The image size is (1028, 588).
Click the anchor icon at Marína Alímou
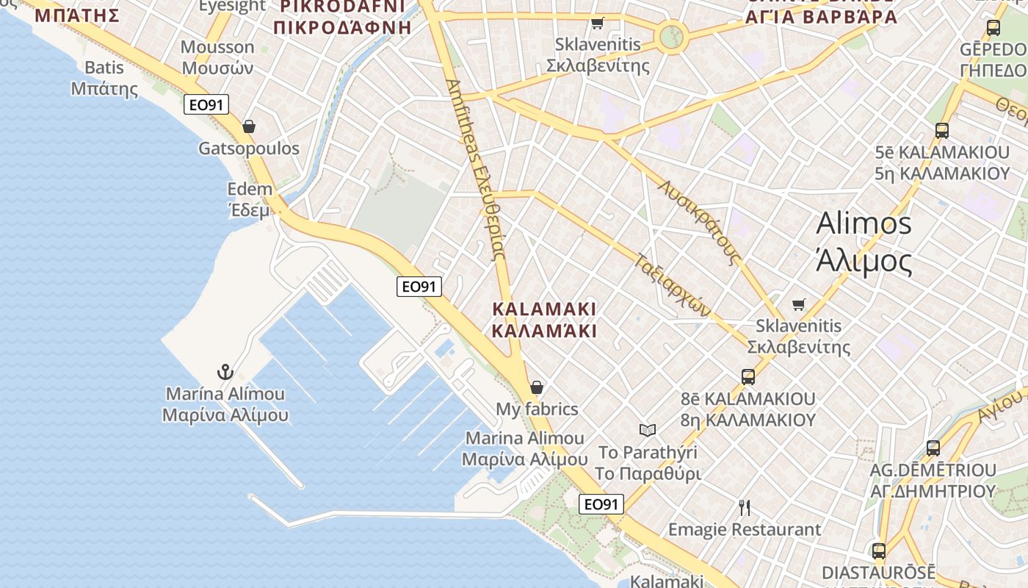click(x=225, y=372)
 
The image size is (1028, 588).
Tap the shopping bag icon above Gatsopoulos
click(x=249, y=126)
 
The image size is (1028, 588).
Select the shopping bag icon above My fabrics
click(x=537, y=387)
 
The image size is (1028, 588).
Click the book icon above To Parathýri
click(x=647, y=430)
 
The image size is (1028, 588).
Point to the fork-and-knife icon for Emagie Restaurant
click(x=745, y=507)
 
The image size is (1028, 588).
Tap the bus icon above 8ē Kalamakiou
click(x=748, y=377)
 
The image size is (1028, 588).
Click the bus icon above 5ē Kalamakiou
click(x=942, y=131)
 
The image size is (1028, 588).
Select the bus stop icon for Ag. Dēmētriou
click(x=933, y=448)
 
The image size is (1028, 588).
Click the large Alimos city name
click(x=864, y=241)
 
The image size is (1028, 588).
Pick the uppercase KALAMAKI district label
click(x=544, y=319)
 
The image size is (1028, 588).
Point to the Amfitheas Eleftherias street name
click(x=475, y=169)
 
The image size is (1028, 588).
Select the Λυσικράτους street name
click(x=698, y=221)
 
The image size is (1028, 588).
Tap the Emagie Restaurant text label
click(x=745, y=529)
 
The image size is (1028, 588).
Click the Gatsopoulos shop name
click(x=249, y=148)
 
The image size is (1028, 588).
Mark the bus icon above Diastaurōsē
click(x=878, y=551)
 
